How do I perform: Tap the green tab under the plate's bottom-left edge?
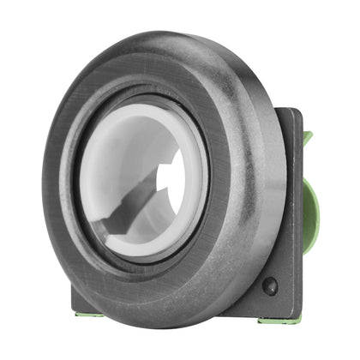(84, 314)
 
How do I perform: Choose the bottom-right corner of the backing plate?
(297, 315)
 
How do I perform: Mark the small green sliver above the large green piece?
(306, 137)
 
